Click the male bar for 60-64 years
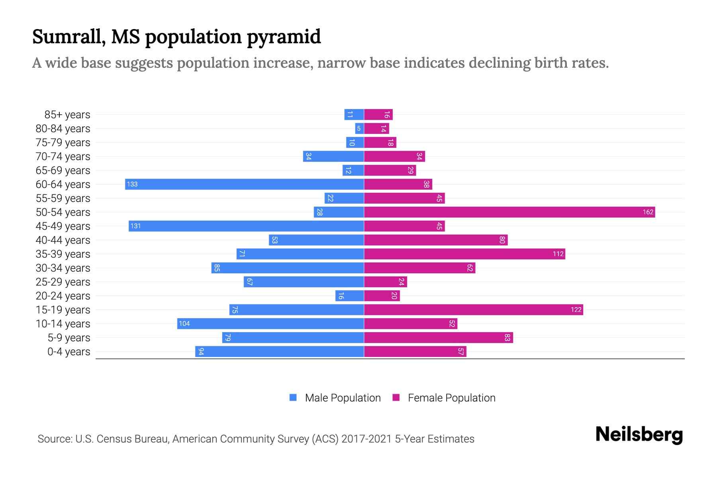pyautogui.click(x=245, y=184)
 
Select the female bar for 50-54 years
pyautogui.click(x=509, y=212)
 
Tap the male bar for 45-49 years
pyautogui.click(x=246, y=226)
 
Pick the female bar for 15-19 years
pyautogui.click(x=474, y=310)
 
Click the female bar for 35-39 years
pyautogui.click(x=464, y=254)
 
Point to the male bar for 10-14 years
pyautogui.click(x=270, y=323)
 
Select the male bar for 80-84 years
pyautogui.click(x=359, y=128)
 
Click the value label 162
pyautogui.click(x=648, y=212)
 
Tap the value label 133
pyautogui.click(x=132, y=184)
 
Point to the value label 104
pyautogui.click(x=184, y=323)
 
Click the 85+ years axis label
pyautogui.click(x=67, y=115)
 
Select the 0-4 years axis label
pyautogui.click(x=69, y=352)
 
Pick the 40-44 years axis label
pyautogui.click(x=63, y=240)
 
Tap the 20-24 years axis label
pyautogui.click(x=63, y=296)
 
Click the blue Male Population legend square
pyautogui.click(x=293, y=398)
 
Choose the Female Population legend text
pyautogui.click(x=451, y=398)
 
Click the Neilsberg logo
pyautogui.click(x=639, y=435)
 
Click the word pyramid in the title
pyautogui.click(x=284, y=37)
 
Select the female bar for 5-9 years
pyautogui.click(x=439, y=337)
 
